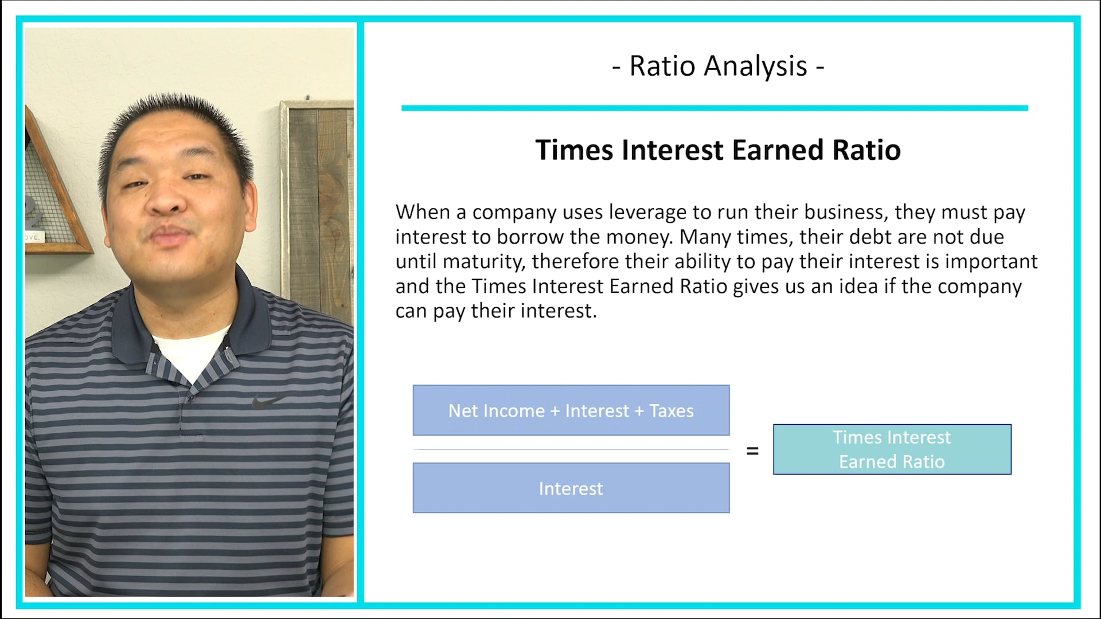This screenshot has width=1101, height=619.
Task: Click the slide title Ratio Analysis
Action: click(x=718, y=66)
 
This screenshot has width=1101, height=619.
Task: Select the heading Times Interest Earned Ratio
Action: click(x=718, y=150)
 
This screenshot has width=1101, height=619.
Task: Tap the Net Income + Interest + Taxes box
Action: click(x=571, y=410)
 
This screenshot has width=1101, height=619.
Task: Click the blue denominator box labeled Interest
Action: click(x=571, y=488)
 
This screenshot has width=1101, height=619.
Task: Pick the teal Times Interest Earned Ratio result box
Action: click(x=892, y=449)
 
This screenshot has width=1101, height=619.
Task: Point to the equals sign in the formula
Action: click(x=752, y=452)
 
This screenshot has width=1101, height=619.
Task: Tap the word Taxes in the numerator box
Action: click(x=671, y=411)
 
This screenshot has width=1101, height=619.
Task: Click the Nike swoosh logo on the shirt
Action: click(x=267, y=401)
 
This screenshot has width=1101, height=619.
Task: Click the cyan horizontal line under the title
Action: click(x=715, y=108)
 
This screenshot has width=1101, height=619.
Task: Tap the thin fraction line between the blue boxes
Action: click(x=571, y=449)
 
